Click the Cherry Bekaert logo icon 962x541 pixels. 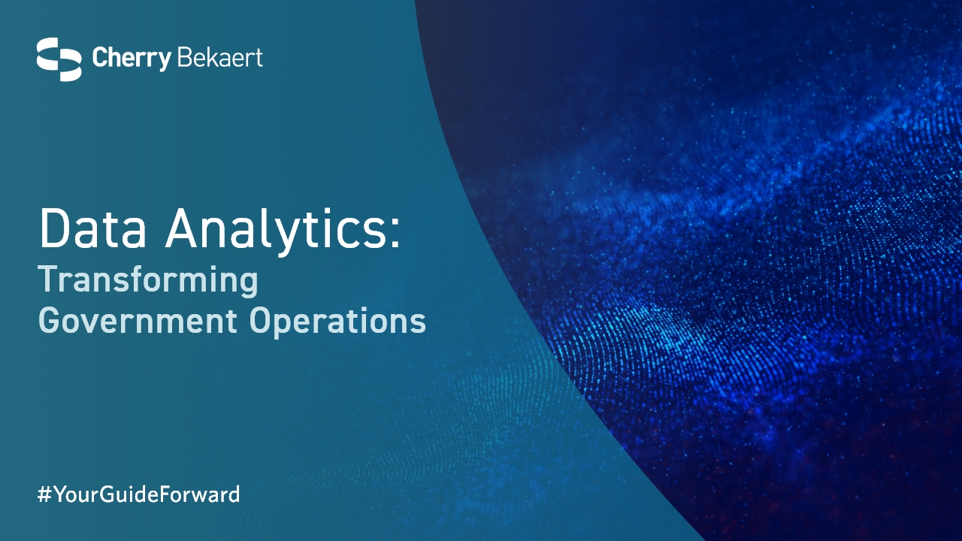(x=59, y=59)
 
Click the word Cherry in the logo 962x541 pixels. (x=132, y=59)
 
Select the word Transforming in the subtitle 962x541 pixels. (x=149, y=280)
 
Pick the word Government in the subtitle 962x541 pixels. (x=138, y=320)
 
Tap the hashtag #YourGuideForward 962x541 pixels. (x=139, y=494)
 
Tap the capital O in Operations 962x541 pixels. (x=262, y=320)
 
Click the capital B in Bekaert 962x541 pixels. (x=183, y=58)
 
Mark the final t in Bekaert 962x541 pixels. (x=258, y=59)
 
